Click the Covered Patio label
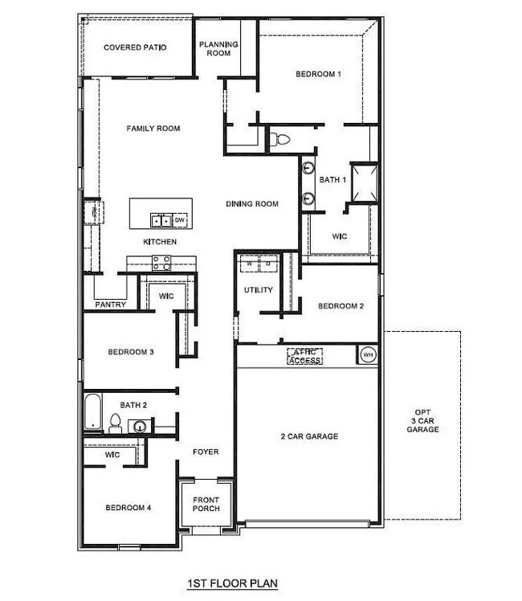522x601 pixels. [x=135, y=47]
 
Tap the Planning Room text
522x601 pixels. [x=215, y=48]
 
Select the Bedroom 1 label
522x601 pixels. [x=318, y=74]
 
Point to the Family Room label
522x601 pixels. [x=153, y=129]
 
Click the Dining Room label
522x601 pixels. [x=252, y=204]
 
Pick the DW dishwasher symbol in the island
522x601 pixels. [x=180, y=219]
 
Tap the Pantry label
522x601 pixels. [x=108, y=305]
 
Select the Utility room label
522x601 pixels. [x=259, y=290]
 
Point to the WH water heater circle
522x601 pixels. [x=368, y=354]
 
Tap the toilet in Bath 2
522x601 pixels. [x=115, y=423]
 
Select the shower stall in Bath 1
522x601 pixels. [x=362, y=180]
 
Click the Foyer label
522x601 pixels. [x=206, y=452]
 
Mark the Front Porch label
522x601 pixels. [x=206, y=504]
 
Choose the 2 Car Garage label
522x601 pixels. [x=309, y=436]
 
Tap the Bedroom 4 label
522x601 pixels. [x=129, y=508]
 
